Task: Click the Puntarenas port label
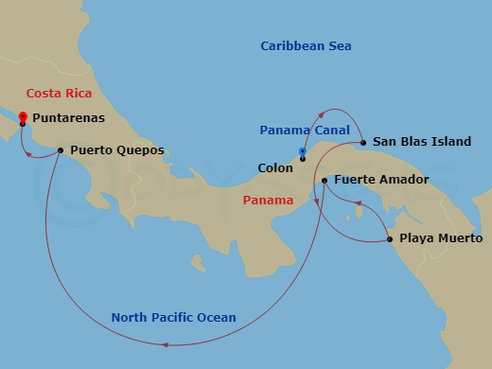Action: pyautogui.click(x=68, y=119)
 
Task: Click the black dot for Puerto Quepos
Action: pyautogui.click(x=61, y=149)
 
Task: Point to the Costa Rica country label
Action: pyautogui.click(x=58, y=93)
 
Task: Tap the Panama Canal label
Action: pyautogui.click(x=305, y=130)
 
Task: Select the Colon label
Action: pyautogui.click(x=275, y=167)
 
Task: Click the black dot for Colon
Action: pyautogui.click(x=303, y=158)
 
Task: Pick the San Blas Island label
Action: pyautogui.click(x=422, y=142)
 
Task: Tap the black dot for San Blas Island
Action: pyautogui.click(x=362, y=143)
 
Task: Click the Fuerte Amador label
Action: pyautogui.click(x=381, y=179)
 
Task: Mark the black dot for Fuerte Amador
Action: pyautogui.click(x=324, y=180)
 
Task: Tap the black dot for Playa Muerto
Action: pyautogui.click(x=390, y=239)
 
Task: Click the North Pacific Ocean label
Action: pyautogui.click(x=173, y=317)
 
